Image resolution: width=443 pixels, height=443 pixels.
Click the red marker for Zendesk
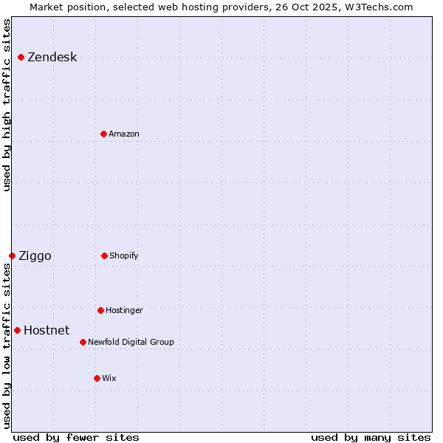pos(21,58)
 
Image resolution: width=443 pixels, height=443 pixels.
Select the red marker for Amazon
pos(103,134)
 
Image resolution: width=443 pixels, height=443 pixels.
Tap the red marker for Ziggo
pos(12,255)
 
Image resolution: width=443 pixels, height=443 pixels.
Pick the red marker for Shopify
pos(104,255)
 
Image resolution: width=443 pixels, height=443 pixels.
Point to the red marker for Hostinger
pos(100,310)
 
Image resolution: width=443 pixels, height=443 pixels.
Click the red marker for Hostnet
pos(17,330)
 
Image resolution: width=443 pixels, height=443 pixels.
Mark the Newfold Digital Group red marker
pos(83,342)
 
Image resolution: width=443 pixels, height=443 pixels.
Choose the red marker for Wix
pos(97,378)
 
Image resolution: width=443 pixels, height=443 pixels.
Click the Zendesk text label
pos(52,58)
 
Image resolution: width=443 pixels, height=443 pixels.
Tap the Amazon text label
pos(123,134)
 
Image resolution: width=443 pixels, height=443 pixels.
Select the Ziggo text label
pos(35,255)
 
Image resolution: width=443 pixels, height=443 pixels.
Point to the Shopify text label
pos(123,255)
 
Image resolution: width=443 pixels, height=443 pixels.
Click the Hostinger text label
pos(124,310)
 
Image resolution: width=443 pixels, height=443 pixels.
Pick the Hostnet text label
pos(47,330)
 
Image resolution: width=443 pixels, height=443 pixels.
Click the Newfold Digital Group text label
pos(131,342)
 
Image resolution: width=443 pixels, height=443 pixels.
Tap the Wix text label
pos(109,378)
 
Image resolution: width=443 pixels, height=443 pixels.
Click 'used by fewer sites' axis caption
pos(76,437)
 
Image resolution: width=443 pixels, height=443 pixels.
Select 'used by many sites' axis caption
pos(371,437)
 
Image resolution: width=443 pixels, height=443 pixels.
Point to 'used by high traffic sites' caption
pos(7,105)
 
